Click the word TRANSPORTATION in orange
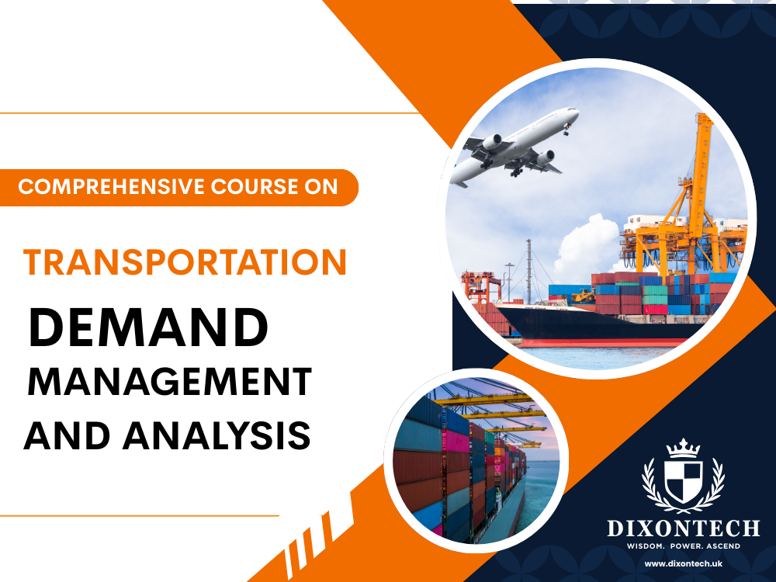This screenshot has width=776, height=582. [x=185, y=263]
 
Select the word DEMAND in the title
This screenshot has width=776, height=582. [x=148, y=329]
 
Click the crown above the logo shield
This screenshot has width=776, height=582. [x=684, y=448]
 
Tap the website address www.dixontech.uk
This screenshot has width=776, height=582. [x=683, y=563]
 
